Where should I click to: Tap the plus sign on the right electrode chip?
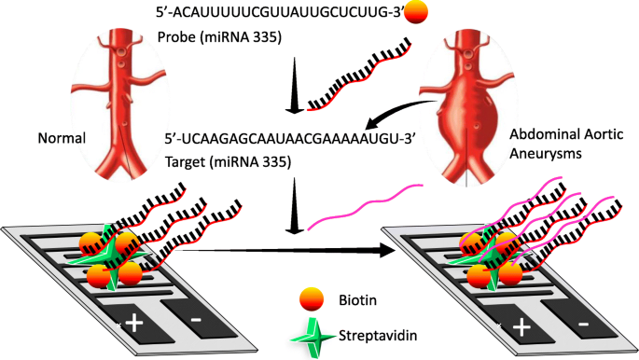tap(521, 326)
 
